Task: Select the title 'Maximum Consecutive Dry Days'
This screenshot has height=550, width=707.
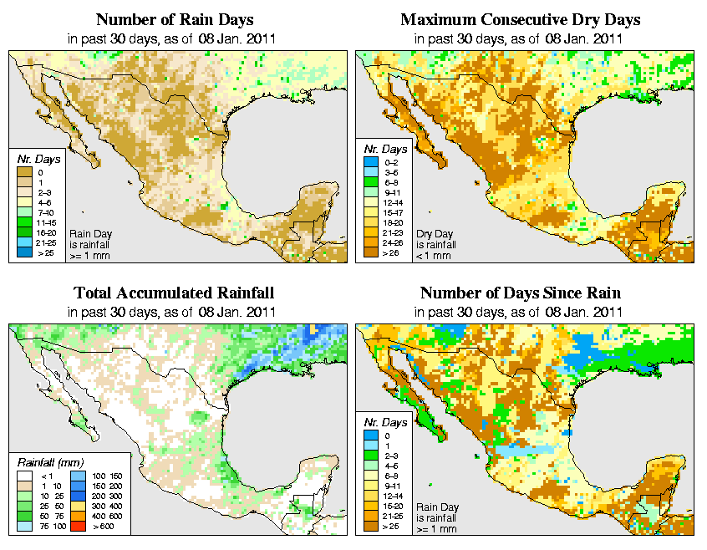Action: tap(520, 19)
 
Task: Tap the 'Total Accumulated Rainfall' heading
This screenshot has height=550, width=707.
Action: tap(173, 293)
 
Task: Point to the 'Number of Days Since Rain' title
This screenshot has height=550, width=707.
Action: tap(520, 293)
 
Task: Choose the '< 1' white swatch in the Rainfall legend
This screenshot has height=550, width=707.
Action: tap(25, 476)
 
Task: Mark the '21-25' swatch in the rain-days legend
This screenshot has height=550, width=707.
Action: tap(25, 242)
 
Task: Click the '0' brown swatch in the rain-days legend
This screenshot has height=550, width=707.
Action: tap(25, 172)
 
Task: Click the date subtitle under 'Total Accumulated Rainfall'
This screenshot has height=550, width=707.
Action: tap(173, 312)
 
